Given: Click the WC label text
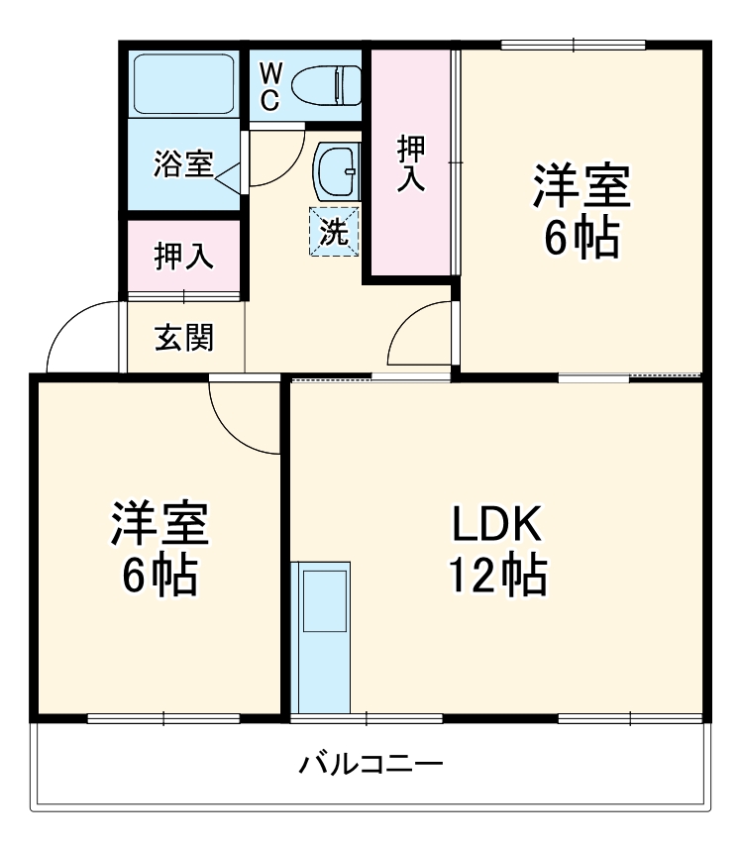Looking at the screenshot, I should (x=271, y=85).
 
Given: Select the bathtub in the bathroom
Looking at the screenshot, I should (x=184, y=82).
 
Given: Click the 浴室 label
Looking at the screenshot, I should (x=183, y=163).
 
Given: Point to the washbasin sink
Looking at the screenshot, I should (x=336, y=171).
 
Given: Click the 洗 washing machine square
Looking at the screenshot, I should (x=334, y=231).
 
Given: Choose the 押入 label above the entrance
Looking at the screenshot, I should (x=183, y=256).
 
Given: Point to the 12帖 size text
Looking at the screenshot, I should (x=497, y=574).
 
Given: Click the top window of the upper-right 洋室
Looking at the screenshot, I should (x=574, y=45).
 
